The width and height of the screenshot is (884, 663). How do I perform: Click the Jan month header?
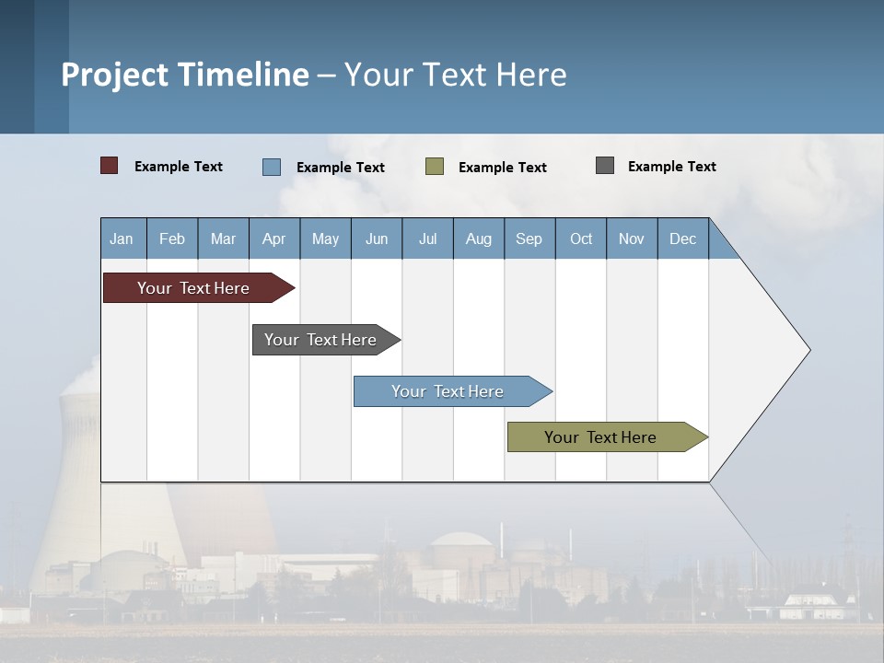coord(122,238)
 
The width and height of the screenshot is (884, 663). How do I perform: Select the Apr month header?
coord(274,238)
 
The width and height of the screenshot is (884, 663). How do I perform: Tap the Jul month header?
coord(427,238)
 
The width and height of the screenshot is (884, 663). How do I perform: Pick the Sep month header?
coord(529,238)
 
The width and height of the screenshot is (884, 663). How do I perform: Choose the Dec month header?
coord(682,238)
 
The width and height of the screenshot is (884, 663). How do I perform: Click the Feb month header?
coord(172,238)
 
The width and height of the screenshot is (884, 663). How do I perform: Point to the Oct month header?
coord(581,238)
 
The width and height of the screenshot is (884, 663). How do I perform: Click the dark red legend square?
coord(110,166)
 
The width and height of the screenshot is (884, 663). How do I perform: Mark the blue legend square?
coord(272,167)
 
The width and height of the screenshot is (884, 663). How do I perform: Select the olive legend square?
coord(435,167)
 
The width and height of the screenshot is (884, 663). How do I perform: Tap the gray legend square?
coord(605,166)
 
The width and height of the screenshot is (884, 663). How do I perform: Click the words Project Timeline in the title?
coord(185,75)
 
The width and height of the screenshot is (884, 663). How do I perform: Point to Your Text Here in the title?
coord(456,75)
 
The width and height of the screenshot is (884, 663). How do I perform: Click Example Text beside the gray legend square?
coord(671,167)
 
